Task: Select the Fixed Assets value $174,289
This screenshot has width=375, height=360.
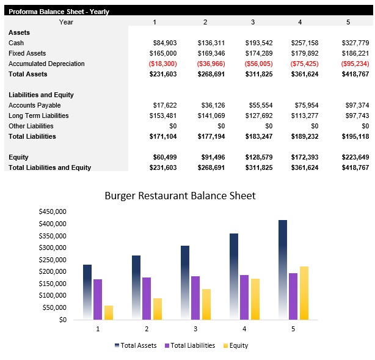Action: (x=259, y=53)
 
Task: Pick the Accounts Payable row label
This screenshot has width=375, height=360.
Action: (x=35, y=105)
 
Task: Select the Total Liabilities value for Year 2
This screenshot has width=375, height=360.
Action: (x=211, y=136)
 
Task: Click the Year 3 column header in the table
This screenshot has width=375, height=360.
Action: (x=252, y=22)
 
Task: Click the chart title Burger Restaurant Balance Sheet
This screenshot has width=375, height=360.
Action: (x=180, y=196)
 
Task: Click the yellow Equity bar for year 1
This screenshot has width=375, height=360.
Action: (x=109, y=312)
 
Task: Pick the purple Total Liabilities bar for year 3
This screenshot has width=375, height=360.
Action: (x=195, y=298)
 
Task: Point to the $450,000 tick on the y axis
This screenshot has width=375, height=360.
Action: (x=52, y=211)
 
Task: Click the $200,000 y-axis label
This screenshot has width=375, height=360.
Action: (x=52, y=271)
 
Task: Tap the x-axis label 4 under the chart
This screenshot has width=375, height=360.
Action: (x=244, y=329)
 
